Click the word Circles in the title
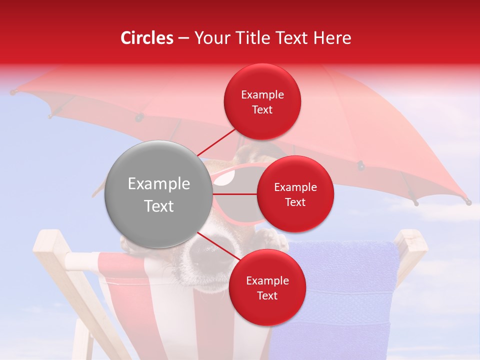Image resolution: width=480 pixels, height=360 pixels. tap(146, 38)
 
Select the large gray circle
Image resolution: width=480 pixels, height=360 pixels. tap(158, 194)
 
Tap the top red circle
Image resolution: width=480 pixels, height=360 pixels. tap(262, 101)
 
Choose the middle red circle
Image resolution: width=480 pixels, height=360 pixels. tap(295, 194)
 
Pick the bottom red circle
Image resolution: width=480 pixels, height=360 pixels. tap(267, 287)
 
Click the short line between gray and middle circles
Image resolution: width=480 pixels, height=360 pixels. tap(234, 193)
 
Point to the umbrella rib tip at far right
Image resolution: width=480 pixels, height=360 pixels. tap(468, 202)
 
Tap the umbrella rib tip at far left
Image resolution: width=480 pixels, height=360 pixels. tap(12, 91)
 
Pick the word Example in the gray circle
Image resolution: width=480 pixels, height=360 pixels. tap(158, 184)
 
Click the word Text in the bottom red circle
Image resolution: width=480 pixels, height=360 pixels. tap(267, 295)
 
